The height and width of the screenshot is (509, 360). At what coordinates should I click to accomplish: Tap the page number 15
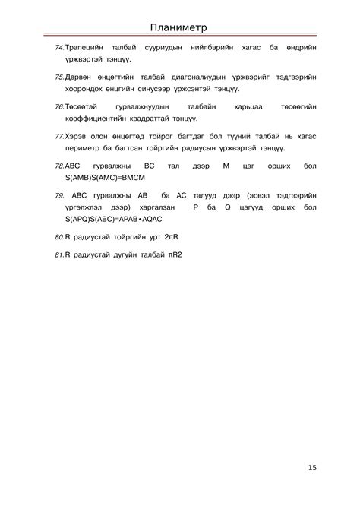(x=312, y=468)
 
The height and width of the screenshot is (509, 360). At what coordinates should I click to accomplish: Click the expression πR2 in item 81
(x=175, y=255)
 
